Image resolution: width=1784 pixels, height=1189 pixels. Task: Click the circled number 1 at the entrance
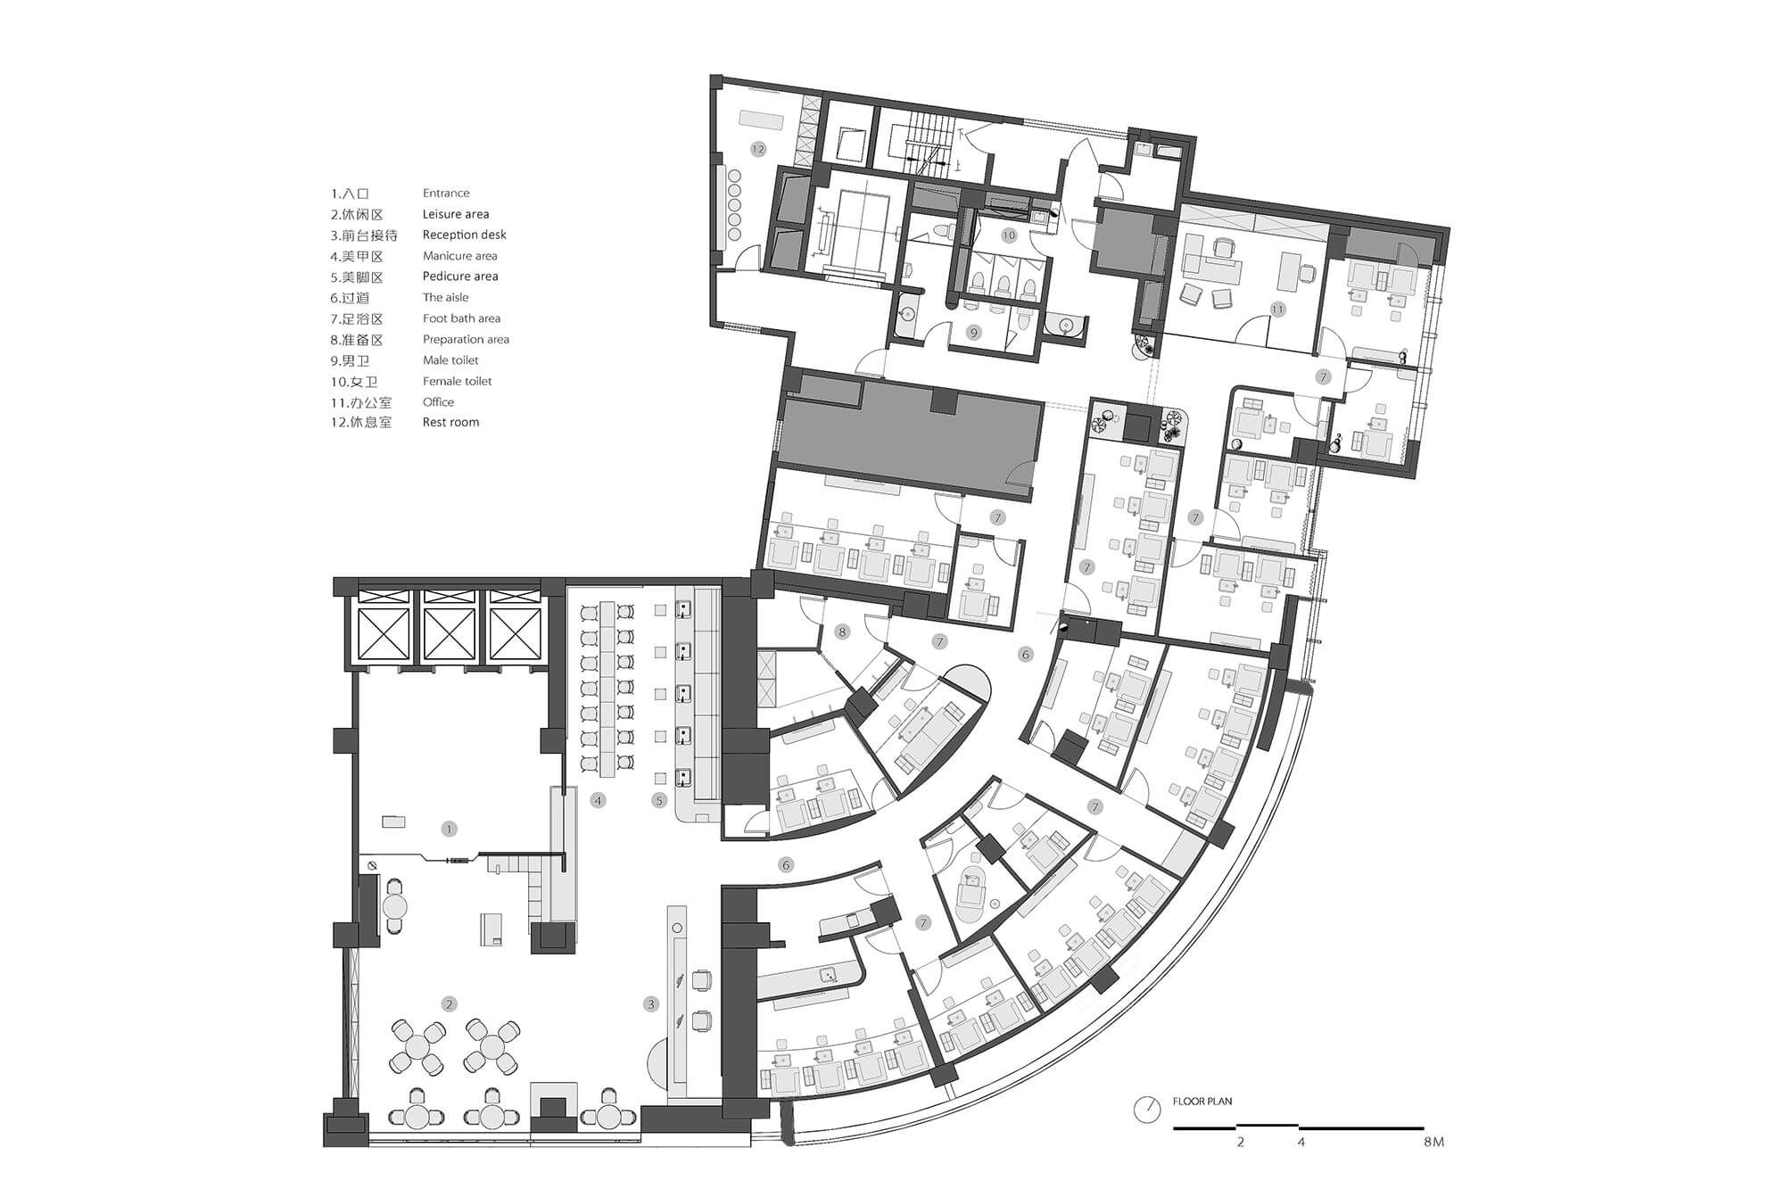[449, 829]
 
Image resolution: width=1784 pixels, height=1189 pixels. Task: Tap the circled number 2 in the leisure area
[449, 1004]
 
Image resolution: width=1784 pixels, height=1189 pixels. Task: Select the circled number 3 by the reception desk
[650, 1004]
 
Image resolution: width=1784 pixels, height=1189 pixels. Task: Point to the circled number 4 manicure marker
[598, 800]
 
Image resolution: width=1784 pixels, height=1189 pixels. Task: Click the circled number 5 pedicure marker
[659, 800]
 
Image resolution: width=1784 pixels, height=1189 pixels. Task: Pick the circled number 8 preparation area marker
[841, 632]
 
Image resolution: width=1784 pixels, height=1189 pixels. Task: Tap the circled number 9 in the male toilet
[973, 333]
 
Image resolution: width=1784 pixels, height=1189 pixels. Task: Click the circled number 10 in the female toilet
[1008, 235]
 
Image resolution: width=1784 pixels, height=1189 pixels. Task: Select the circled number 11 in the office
[1277, 310]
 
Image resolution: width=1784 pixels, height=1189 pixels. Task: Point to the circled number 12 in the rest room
[758, 149]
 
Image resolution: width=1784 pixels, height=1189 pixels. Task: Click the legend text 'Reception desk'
[464, 235]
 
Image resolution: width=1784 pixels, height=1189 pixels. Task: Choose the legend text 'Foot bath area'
[461, 318]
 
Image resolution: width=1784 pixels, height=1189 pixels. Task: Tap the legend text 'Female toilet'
[457, 381]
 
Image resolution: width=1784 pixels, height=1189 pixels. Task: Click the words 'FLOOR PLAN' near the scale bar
[1202, 1102]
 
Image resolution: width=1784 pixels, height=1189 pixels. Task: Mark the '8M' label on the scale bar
[1433, 1142]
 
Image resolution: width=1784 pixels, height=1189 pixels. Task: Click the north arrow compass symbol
[1146, 1110]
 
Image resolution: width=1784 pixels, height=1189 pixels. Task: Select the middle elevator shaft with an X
[449, 634]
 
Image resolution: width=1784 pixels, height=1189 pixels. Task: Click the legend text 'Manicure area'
[459, 256]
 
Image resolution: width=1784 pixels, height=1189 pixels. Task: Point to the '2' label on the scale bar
[1240, 1142]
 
